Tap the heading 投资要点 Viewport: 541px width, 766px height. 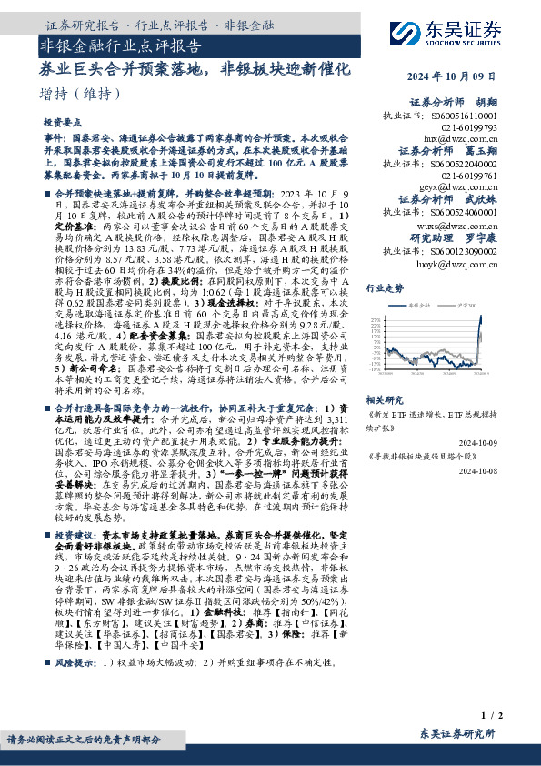pos(60,121)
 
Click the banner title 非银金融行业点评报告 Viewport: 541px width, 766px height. pos(120,45)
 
